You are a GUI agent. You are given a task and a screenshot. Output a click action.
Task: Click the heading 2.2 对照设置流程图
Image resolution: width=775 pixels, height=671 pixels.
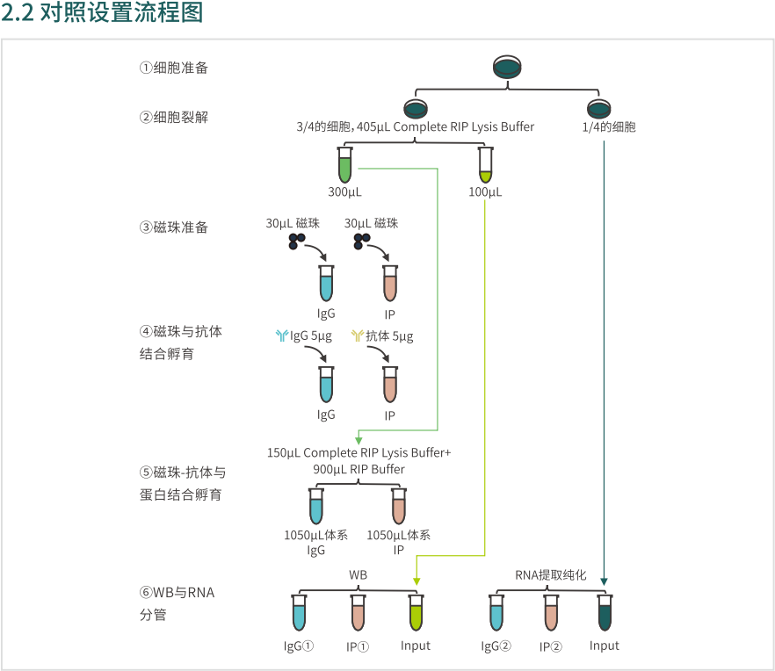click(103, 13)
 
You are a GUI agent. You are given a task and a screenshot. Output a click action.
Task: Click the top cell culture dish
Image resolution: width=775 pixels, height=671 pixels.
click(507, 68)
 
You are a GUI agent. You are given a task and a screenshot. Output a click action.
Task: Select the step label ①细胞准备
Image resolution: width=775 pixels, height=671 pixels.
click(174, 68)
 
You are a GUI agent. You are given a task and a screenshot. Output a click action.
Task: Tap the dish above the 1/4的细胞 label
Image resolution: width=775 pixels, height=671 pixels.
click(600, 109)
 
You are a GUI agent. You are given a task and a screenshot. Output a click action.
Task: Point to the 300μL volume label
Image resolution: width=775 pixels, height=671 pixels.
click(344, 192)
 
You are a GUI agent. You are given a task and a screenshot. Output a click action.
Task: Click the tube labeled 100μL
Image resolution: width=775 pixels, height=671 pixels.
click(485, 164)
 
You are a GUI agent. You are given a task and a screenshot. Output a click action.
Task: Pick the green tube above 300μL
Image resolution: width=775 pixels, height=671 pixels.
click(344, 164)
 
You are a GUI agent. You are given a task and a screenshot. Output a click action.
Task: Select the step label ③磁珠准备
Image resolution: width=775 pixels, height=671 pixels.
click(174, 227)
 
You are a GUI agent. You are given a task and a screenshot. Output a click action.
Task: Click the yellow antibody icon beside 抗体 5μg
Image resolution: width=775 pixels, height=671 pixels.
click(358, 336)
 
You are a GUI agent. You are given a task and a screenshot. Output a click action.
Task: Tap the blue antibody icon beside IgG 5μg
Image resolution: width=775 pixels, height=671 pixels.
click(281, 336)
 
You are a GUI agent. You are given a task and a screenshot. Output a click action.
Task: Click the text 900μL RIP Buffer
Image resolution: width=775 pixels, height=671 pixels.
click(359, 469)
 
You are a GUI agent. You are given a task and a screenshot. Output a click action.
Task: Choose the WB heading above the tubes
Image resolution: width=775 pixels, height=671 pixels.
click(358, 575)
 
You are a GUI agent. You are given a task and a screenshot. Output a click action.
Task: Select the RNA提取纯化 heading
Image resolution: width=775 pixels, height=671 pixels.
click(550, 575)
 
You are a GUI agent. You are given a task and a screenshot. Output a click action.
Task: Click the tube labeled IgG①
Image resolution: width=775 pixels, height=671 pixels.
click(299, 612)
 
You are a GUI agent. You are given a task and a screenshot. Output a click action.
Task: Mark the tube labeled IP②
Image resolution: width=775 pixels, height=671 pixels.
click(551, 612)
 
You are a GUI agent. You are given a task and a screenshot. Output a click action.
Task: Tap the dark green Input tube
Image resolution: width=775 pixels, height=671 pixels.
click(605, 612)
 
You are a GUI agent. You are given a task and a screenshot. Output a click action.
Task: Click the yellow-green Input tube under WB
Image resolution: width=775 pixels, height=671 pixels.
click(416, 612)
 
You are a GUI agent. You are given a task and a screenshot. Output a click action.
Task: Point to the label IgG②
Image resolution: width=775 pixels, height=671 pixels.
click(496, 646)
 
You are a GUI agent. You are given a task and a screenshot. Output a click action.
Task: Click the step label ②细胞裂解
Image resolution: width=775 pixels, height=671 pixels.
click(174, 117)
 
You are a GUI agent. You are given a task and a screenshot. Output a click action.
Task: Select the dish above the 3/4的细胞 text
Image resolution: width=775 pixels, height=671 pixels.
click(416, 109)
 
